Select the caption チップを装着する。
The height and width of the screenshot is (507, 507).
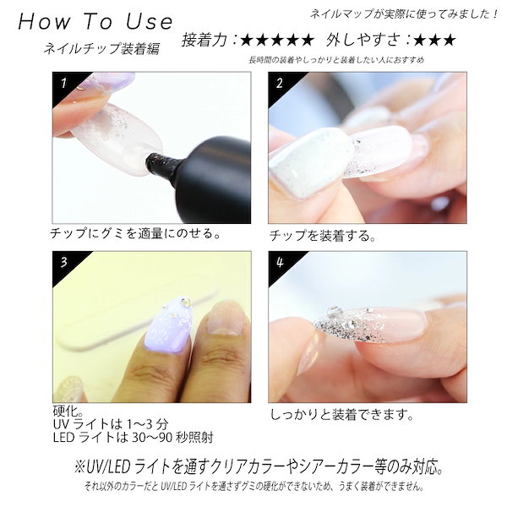point(321,235)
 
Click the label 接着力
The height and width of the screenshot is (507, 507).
point(208,41)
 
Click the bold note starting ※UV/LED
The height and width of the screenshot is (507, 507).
point(253,467)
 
